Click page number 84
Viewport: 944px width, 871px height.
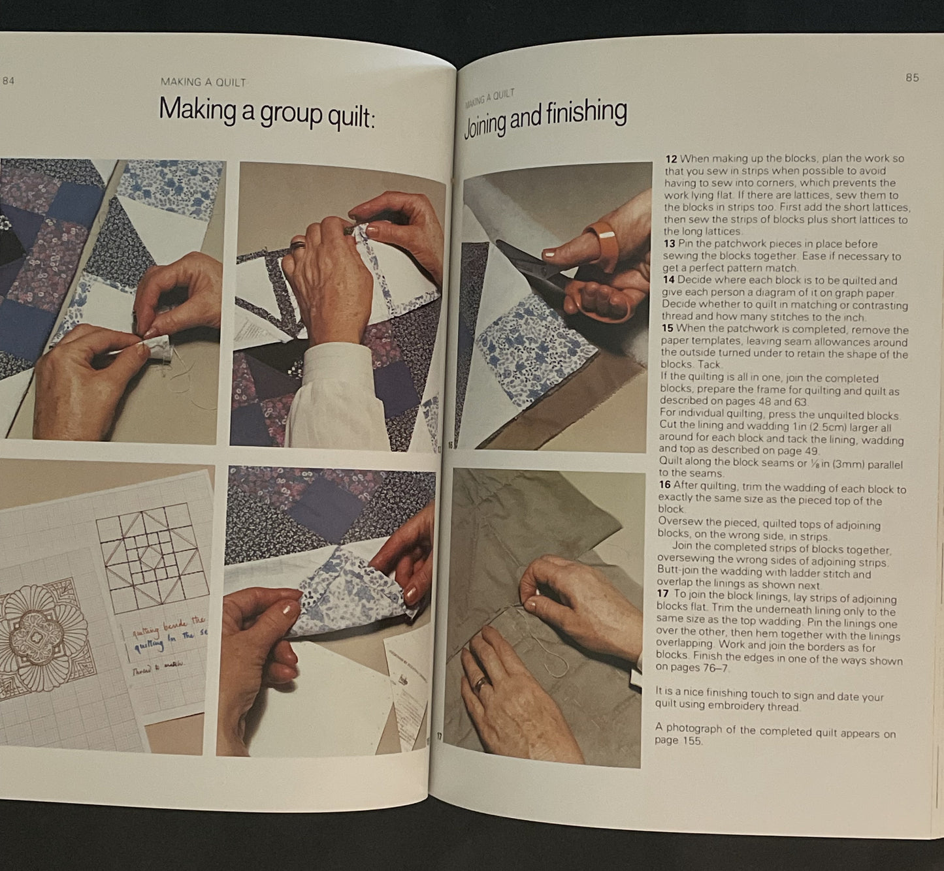coord(8,82)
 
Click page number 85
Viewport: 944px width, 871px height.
coord(912,78)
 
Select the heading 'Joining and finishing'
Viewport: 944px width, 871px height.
coord(545,118)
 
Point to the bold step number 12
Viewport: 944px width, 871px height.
coord(671,159)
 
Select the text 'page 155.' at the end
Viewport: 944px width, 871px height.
coord(678,741)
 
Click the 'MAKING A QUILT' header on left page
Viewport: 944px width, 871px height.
coord(203,82)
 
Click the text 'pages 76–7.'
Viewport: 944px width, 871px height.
coord(691,668)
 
